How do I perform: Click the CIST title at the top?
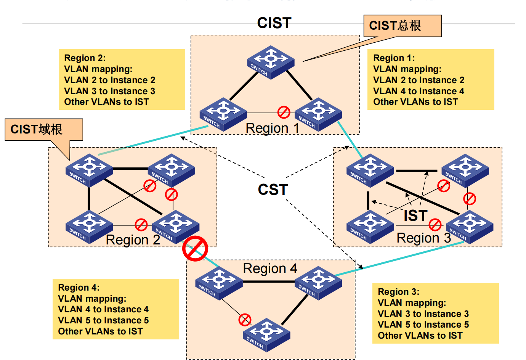coord(274,23)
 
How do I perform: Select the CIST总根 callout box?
coord(402,26)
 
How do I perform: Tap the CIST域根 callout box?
coord(43,130)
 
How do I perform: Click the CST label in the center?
coord(273,190)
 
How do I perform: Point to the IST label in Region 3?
coord(415,216)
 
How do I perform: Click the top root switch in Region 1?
coord(271,62)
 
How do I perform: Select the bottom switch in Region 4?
coord(266,334)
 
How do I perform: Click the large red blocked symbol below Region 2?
coord(195,249)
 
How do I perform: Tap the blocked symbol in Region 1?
coord(284,112)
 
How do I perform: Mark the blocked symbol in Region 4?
coord(245,320)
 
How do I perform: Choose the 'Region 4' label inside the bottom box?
coord(270,268)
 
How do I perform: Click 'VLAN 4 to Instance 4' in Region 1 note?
coord(419,91)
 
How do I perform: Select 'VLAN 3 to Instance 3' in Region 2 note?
coord(109,91)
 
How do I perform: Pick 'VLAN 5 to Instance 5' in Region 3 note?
coord(423,325)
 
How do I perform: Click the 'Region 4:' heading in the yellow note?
coord(79,288)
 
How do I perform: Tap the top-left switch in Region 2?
coord(89,170)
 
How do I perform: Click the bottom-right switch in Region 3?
coord(469,227)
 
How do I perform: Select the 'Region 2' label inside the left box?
coord(133,240)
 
